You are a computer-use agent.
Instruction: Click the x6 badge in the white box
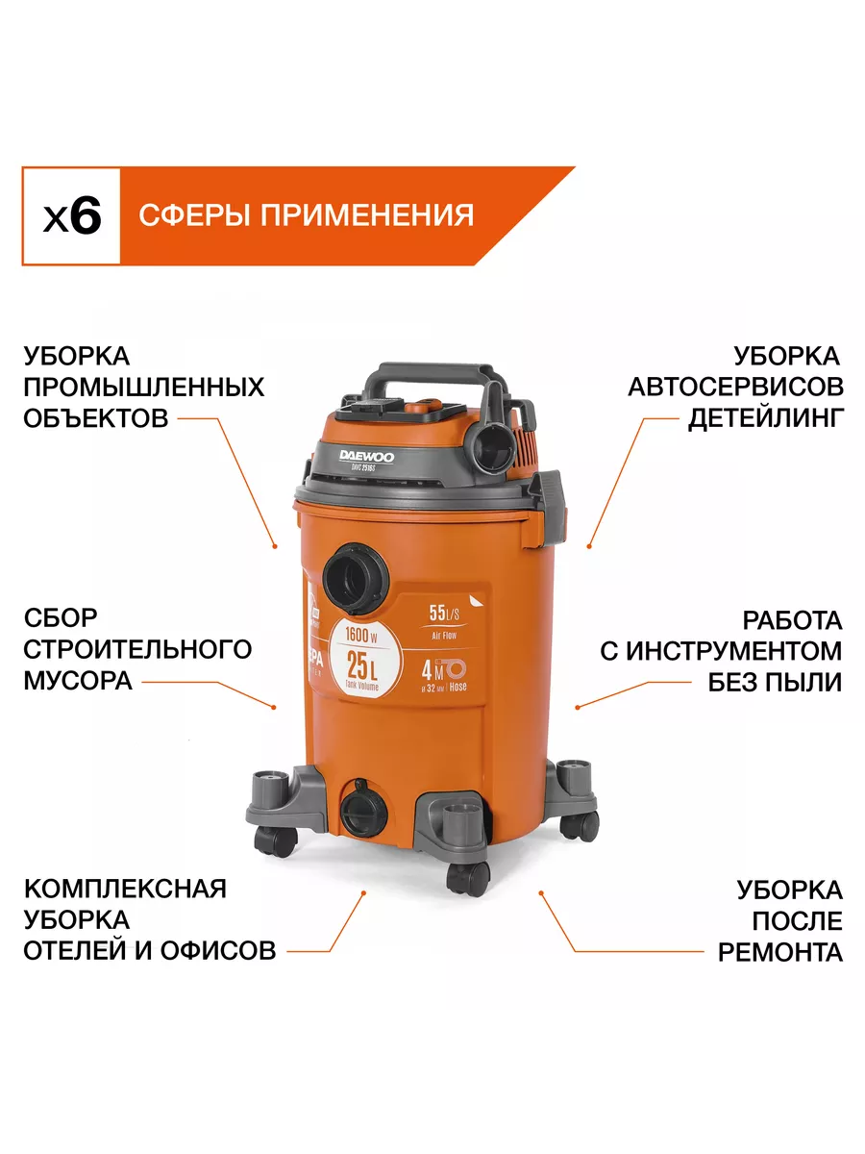(71, 215)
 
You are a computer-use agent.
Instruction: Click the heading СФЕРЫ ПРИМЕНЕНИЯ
(306, 214)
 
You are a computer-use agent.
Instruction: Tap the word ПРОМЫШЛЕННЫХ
(144, 387)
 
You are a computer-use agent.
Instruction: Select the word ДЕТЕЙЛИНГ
(765, 418)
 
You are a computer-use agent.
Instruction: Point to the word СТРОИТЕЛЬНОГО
(137, 649)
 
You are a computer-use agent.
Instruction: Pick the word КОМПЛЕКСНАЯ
(125, 887)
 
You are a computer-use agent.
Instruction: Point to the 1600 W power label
(361, 635)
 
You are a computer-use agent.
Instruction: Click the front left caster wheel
(273, 842)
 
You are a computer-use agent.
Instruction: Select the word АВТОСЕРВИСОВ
(735, 387)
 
